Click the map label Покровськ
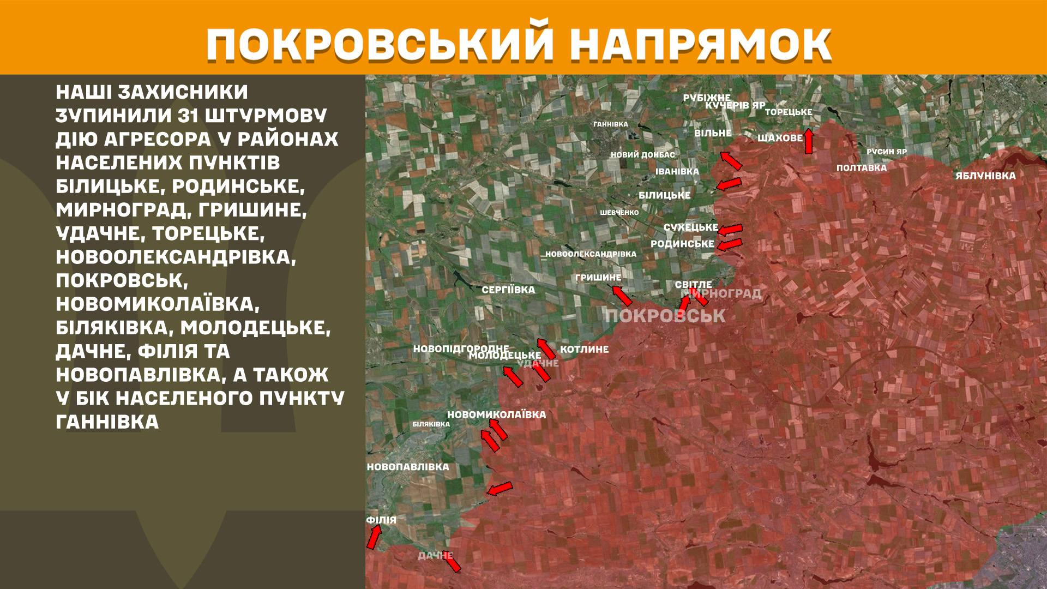[x=665, y=316]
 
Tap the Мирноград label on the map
[x=726, y=294]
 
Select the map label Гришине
[x=598, y=278]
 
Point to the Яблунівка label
[x=985, y=176]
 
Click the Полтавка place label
[x=862, y=168]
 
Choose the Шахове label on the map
[x=780, y=139]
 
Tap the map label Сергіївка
[x=508, y=290]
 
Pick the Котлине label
[x=584, y=349]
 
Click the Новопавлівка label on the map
[x=408, y=467]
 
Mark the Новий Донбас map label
[x=643, y=155]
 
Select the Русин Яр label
[x=887, y=152]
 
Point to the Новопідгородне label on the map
[x=461, y=348]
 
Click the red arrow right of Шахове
[x=809, y=141]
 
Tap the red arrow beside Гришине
[x=622, y=296]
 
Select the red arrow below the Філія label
[x=374, y=538]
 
